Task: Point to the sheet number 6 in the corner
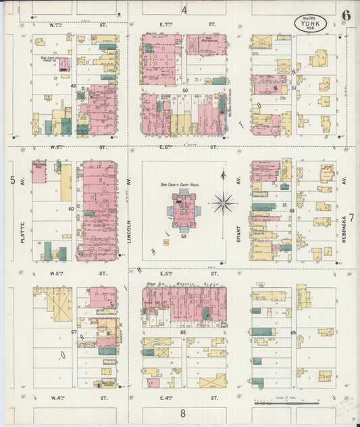tap(346, 15)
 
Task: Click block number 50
tap(184, 89)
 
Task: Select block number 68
tap(184, 332)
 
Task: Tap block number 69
tap(293, 332)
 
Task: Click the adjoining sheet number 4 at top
tap(184, 9)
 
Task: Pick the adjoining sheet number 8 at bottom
tap(182, 412)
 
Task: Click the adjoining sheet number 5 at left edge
tap(13, 180)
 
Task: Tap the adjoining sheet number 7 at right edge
tap(351, 218)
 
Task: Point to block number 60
tap(70, 209)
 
